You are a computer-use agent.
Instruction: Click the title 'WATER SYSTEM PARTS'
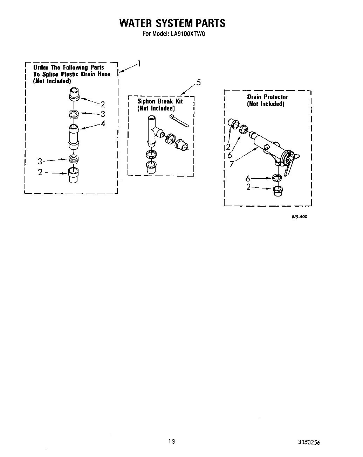pos(172,23)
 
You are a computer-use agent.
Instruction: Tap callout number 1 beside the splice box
pos(139,64)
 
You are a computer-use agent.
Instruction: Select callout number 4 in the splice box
pos(103,123)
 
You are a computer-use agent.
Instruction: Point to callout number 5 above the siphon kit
pos(199,83)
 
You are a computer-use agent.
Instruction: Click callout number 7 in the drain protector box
pos(232,164)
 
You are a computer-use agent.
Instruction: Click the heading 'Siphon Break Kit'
pos(160,101)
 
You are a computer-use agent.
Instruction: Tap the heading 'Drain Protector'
pos(267,97)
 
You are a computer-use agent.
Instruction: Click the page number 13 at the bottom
pos(171,442)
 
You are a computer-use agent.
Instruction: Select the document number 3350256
pos(309,442)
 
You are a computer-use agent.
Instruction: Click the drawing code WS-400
pos(299,217)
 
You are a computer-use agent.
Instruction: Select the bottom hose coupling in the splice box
pos(73,174)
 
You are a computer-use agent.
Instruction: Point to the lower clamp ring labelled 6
pos(276,178)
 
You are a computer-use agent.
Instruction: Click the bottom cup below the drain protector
pos(278,190)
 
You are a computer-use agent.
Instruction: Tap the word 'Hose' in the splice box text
pos(104,74)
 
